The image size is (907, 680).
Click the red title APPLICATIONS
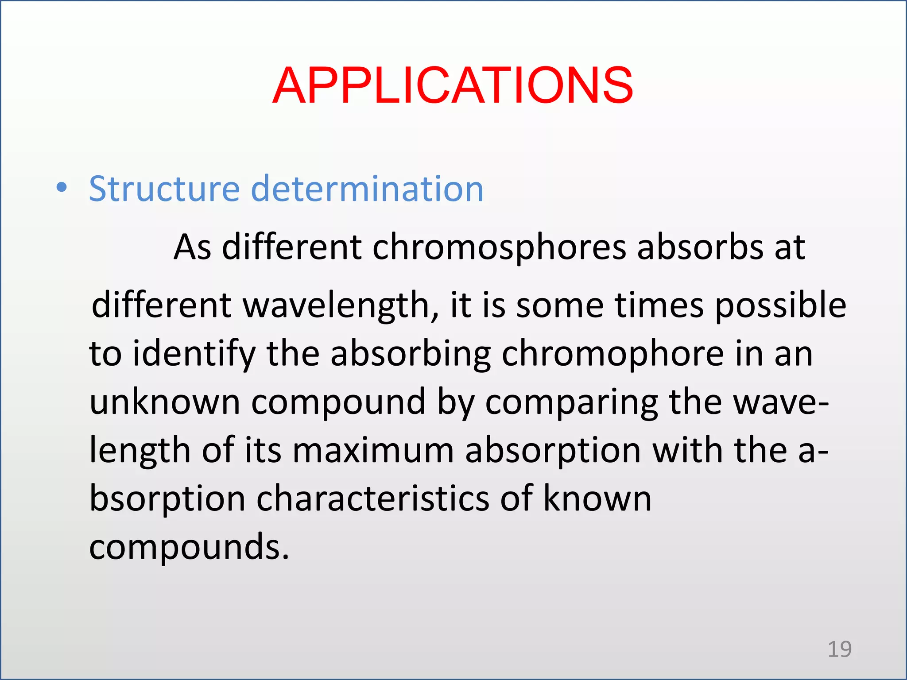point(453,85)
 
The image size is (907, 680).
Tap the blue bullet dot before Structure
point(62,188)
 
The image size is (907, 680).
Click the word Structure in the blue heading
point(164,189)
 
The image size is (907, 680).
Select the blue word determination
point(367,189)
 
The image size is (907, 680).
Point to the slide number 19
point(839,649)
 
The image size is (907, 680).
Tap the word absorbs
point(700,247)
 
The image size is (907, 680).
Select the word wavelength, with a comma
point(341,305)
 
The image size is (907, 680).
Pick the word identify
point(194,354)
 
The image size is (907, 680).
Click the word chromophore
point(613,354)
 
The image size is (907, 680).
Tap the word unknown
point(165,402)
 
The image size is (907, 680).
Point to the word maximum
point(373,450)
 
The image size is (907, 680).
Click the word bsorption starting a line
point(167,499)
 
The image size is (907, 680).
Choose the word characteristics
point(373,498)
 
